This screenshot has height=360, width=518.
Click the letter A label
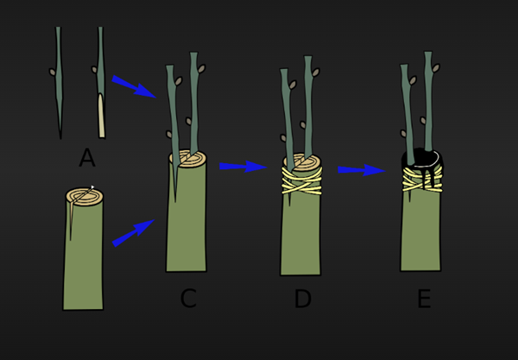(x=87, y=157)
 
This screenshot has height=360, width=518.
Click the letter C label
(x=188, y=298)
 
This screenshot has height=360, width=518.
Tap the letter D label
(x=303, y=298)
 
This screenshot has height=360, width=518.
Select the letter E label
(x=425, y=298)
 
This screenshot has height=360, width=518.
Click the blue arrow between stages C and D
(x=243, y=167)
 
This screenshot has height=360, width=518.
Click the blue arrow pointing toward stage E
(x=362, y=170)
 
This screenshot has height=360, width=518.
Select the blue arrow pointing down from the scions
(x=134, y=86)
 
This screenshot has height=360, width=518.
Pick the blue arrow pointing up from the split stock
(x=133, y=233)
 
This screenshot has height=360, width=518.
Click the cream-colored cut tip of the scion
(x=101, y=116)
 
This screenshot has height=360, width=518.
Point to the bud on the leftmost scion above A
(x=52, y=72)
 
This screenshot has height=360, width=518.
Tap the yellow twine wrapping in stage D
(x=301, y=180)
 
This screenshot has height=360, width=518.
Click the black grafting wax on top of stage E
(x=422, y=161)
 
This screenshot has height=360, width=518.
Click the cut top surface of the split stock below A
(x=85, y=197)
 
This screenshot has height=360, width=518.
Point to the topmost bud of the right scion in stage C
(x=201, y=69)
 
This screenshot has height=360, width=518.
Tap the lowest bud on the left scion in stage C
(x=169, y=135)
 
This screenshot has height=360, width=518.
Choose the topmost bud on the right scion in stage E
(x=436, y=68)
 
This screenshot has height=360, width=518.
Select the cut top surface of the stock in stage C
(x=188, y=158)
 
